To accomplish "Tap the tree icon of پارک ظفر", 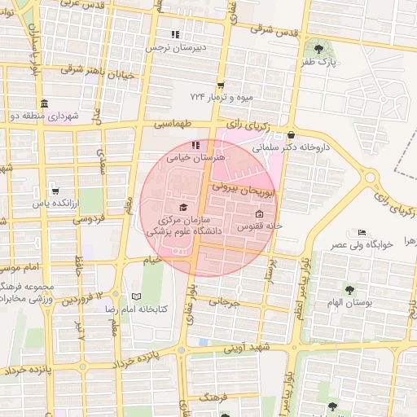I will pos(318,49).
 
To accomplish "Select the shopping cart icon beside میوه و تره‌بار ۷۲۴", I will pos(221,86).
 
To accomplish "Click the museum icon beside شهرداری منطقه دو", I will pos(43,103).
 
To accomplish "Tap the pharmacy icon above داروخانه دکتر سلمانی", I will pos(291,135).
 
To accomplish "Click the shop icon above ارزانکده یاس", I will pos(55,191).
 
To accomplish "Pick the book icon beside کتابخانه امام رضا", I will pos(136,296).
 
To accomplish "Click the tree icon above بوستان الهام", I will pos(349,289).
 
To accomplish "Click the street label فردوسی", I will pos(90,219).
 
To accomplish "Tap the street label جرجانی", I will pos(226,302).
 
